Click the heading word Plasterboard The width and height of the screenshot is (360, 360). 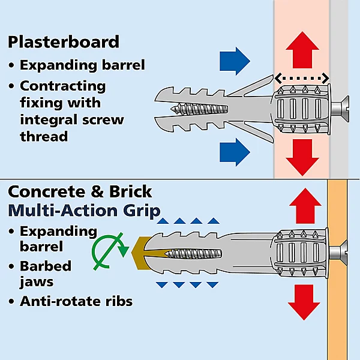[64, 42]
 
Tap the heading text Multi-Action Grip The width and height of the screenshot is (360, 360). [84, 211]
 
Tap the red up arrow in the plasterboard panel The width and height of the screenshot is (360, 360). [301, 52]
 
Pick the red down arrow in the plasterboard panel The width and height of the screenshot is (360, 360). [301, 157]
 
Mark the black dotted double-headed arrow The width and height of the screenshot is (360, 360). [302, 77]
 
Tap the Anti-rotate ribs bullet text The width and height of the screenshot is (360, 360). [76, 301]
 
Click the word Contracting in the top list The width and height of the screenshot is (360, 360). [62, 86]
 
